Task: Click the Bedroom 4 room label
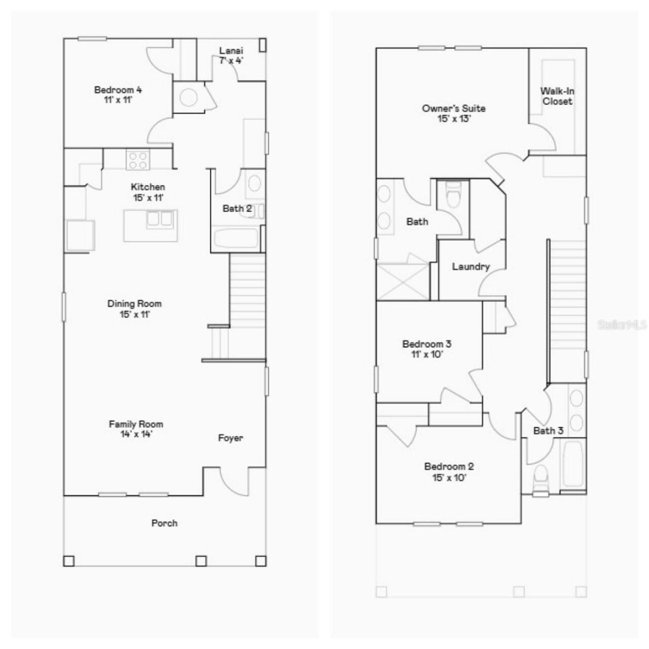tap(118, 90)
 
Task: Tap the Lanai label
tap(231, 51)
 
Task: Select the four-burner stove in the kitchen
tap(138, 160)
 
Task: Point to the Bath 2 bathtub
tap(236, 238)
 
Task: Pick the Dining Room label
tap(134, 304)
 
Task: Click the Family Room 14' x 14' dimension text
tap(136, 434)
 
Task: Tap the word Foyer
tap(230, 438)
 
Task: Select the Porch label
tap(164, 523)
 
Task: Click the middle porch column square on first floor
tap(201, 561)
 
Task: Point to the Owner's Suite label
tap(454, 109)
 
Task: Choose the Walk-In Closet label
tap(557, 96)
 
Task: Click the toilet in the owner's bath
tap(453, 196)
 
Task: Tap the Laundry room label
tap(471, 267)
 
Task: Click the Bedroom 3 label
tap(427, 344)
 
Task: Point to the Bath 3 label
tap(548, 430)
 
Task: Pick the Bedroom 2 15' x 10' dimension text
tap(449, 478)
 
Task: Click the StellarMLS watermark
tap(622, 324)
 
